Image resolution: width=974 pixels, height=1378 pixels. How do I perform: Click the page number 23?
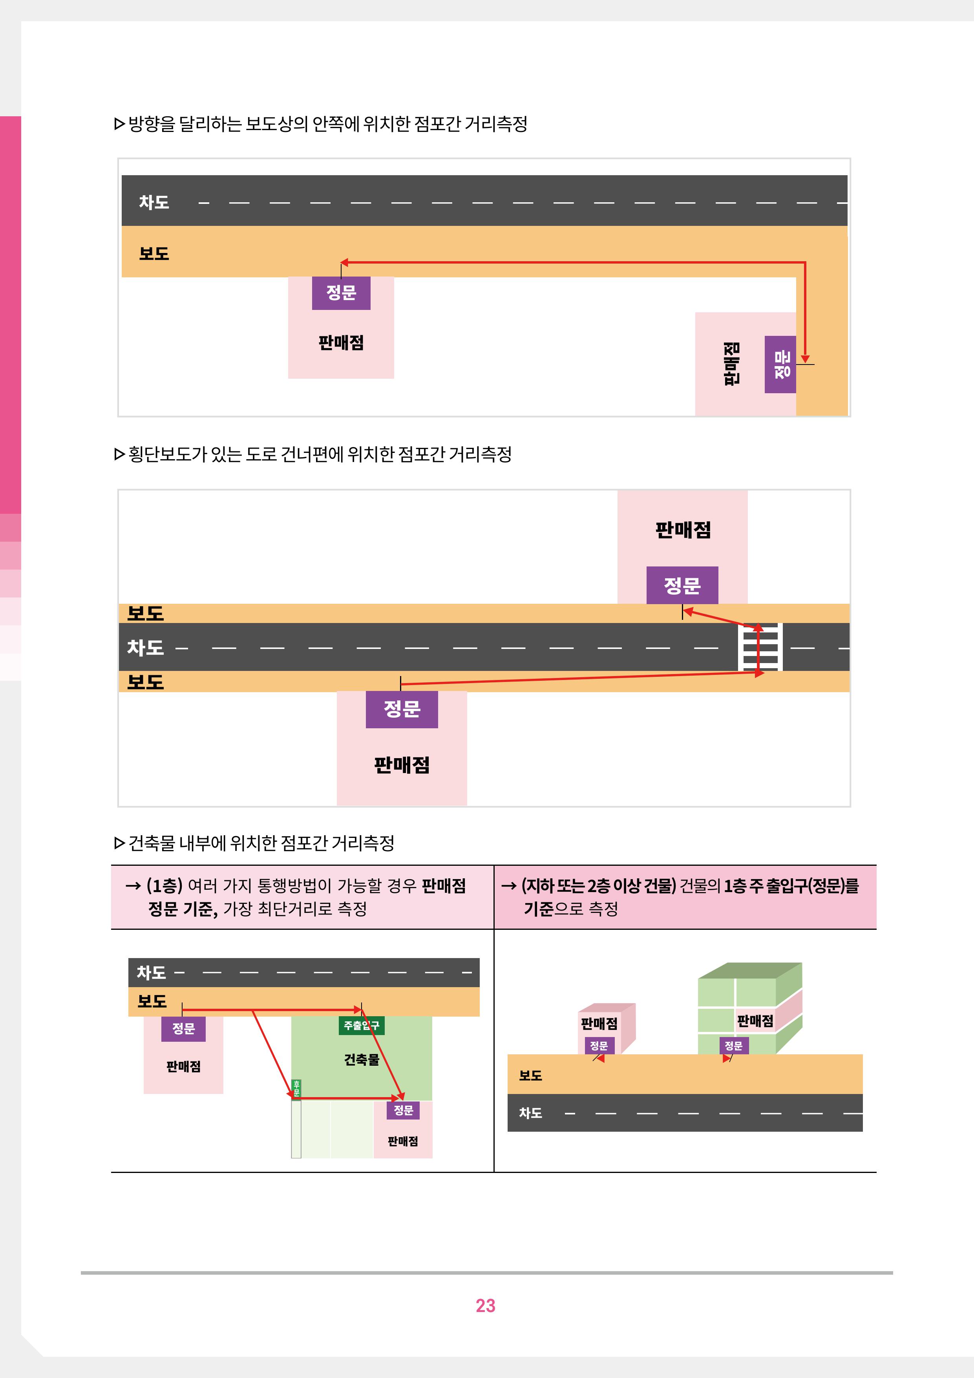click(x=485, y=1305)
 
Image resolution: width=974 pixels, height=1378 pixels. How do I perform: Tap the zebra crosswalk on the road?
click(x=760, y=647)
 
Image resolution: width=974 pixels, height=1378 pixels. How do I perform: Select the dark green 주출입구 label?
click(x=362, y=1025)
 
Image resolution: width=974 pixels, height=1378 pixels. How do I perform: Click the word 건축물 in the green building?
click(x=362, y=1060)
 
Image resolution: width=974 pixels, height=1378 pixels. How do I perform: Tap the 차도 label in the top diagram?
click(x=154, y=202)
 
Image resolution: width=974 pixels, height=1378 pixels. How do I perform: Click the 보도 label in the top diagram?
click(x=154, y=253)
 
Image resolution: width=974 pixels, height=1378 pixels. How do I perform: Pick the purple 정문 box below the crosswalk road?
click(x=402, y=709)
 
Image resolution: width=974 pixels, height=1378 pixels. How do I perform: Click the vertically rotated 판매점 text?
click(x=731, y=364)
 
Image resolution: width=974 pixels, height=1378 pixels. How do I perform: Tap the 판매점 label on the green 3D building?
click(x=755, y=1021)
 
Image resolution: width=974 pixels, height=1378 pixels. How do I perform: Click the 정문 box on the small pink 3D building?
click(x=599, y=1046)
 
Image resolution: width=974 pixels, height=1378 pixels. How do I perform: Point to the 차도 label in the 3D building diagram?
click(x=531, y=1113)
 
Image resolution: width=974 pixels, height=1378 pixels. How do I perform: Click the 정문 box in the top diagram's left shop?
click(x=341, y=293)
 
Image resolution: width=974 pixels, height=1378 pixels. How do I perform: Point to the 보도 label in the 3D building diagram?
click(x=531, y=1076)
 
